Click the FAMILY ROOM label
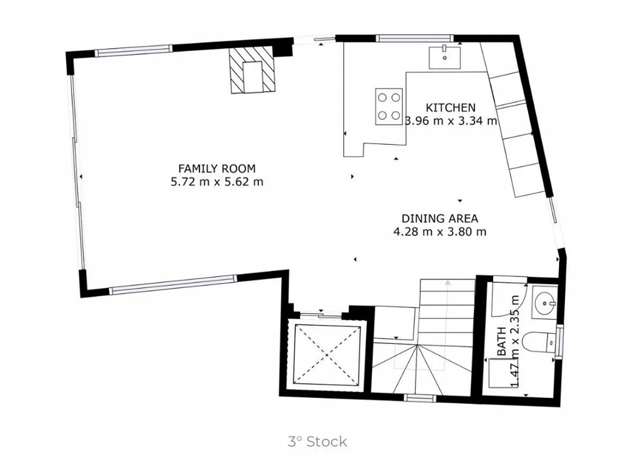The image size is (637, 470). coord(217,168)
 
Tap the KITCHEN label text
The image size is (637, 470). coord(450,107)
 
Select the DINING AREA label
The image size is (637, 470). coord(440,218)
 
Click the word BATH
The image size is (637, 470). coord(502,341)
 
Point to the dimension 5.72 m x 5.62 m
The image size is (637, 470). coord(217,182)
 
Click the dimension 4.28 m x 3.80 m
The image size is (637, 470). coord(440,232)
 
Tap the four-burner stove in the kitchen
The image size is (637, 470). coord(388,107)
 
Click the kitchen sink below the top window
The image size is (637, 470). coord(445,58)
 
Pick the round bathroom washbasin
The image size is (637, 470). coord(545,303)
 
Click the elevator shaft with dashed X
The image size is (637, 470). coord(326,355)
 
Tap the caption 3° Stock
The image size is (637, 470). coord(317,441)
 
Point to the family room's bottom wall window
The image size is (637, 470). coord(173,284)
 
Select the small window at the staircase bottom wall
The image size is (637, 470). coord(420,398)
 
